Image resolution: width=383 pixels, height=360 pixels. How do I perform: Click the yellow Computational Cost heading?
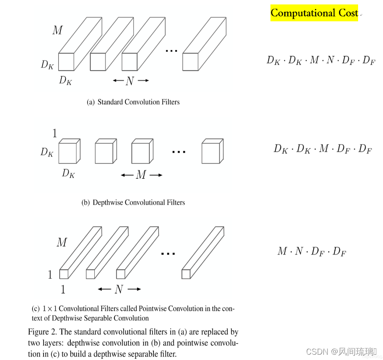[314, 13]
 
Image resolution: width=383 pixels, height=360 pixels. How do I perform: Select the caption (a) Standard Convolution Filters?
[133, 102]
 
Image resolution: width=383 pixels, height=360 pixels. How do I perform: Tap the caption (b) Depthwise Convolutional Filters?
[133, 203]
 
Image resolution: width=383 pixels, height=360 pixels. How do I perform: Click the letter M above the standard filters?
[58, 30]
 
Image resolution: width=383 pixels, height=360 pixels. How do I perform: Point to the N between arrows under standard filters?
[130, 81]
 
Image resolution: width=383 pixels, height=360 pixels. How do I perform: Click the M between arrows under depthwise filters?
[141, 175]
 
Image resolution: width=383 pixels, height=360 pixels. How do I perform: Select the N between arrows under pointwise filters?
[119, 289]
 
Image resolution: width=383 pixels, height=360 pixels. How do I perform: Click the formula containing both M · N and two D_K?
[320, 60]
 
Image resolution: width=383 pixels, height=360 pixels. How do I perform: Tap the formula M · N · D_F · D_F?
[311, 252]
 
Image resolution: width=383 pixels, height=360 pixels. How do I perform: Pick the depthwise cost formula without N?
[323, 149]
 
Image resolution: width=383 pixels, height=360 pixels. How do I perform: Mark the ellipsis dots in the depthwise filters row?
[178, 152]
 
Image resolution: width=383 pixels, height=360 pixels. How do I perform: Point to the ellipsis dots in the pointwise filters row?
[168, 253]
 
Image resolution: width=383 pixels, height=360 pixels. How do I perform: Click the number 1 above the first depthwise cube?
[55, 133]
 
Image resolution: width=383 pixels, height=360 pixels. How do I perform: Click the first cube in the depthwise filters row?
[69, 152]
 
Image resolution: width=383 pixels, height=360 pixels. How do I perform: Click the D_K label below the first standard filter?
[65, 81]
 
